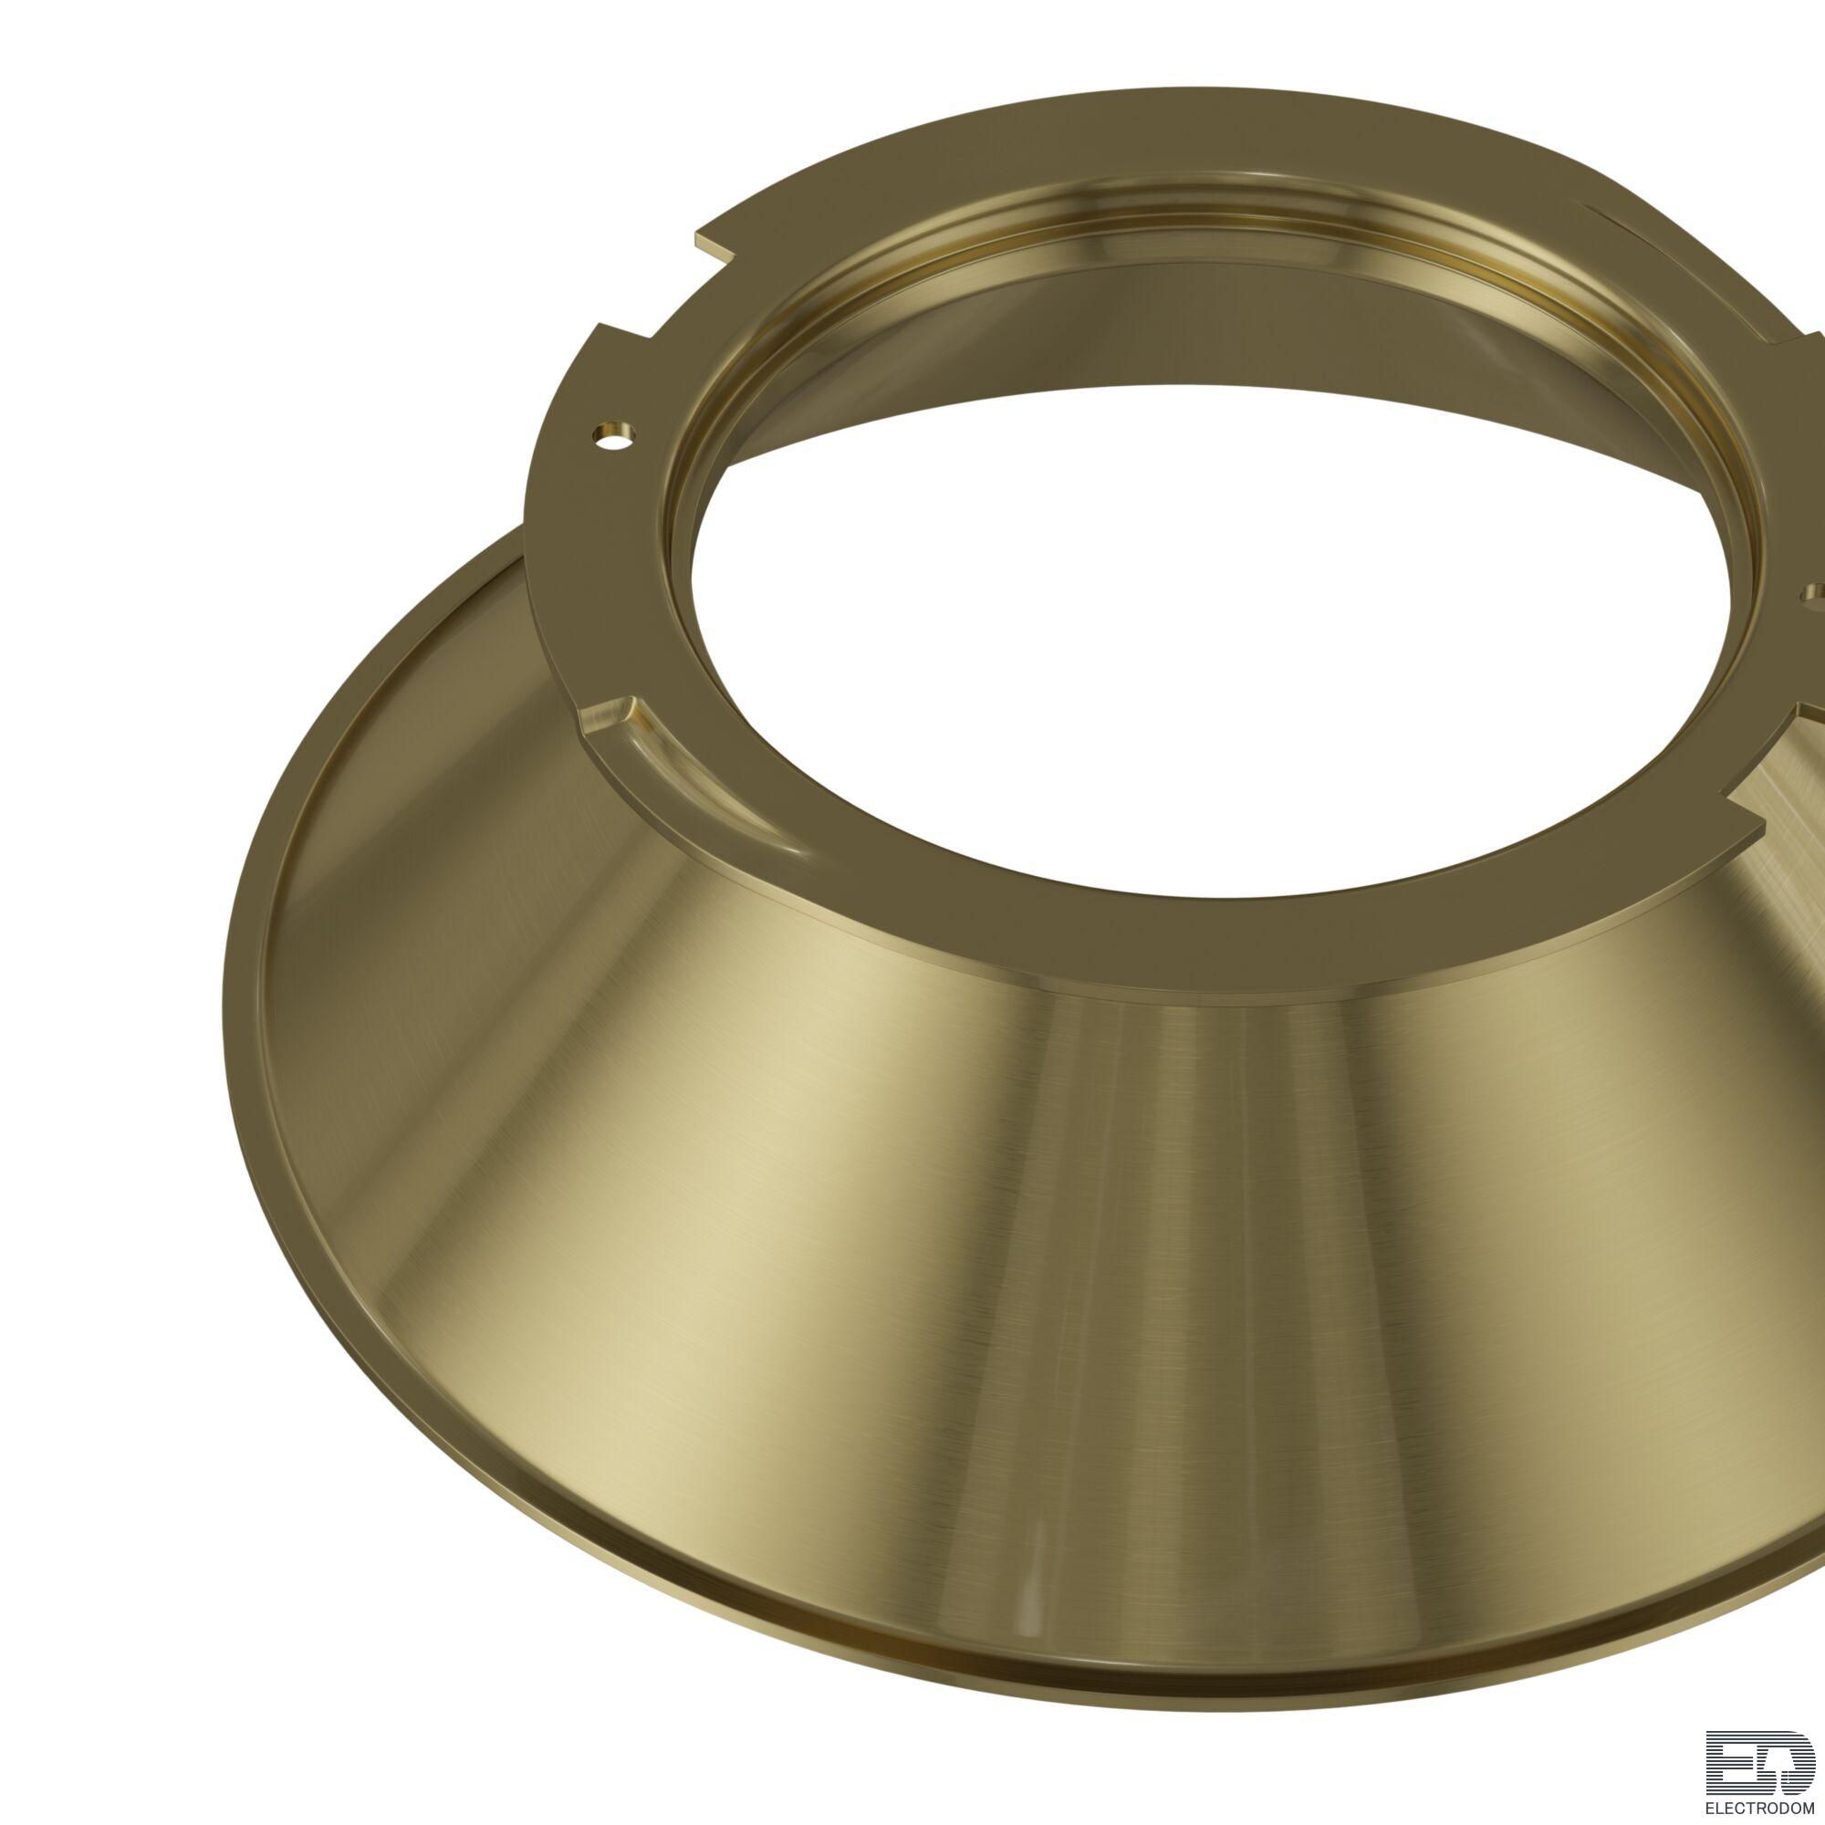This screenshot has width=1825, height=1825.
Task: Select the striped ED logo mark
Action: pyautogui.click(x=1760, y=1760)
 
